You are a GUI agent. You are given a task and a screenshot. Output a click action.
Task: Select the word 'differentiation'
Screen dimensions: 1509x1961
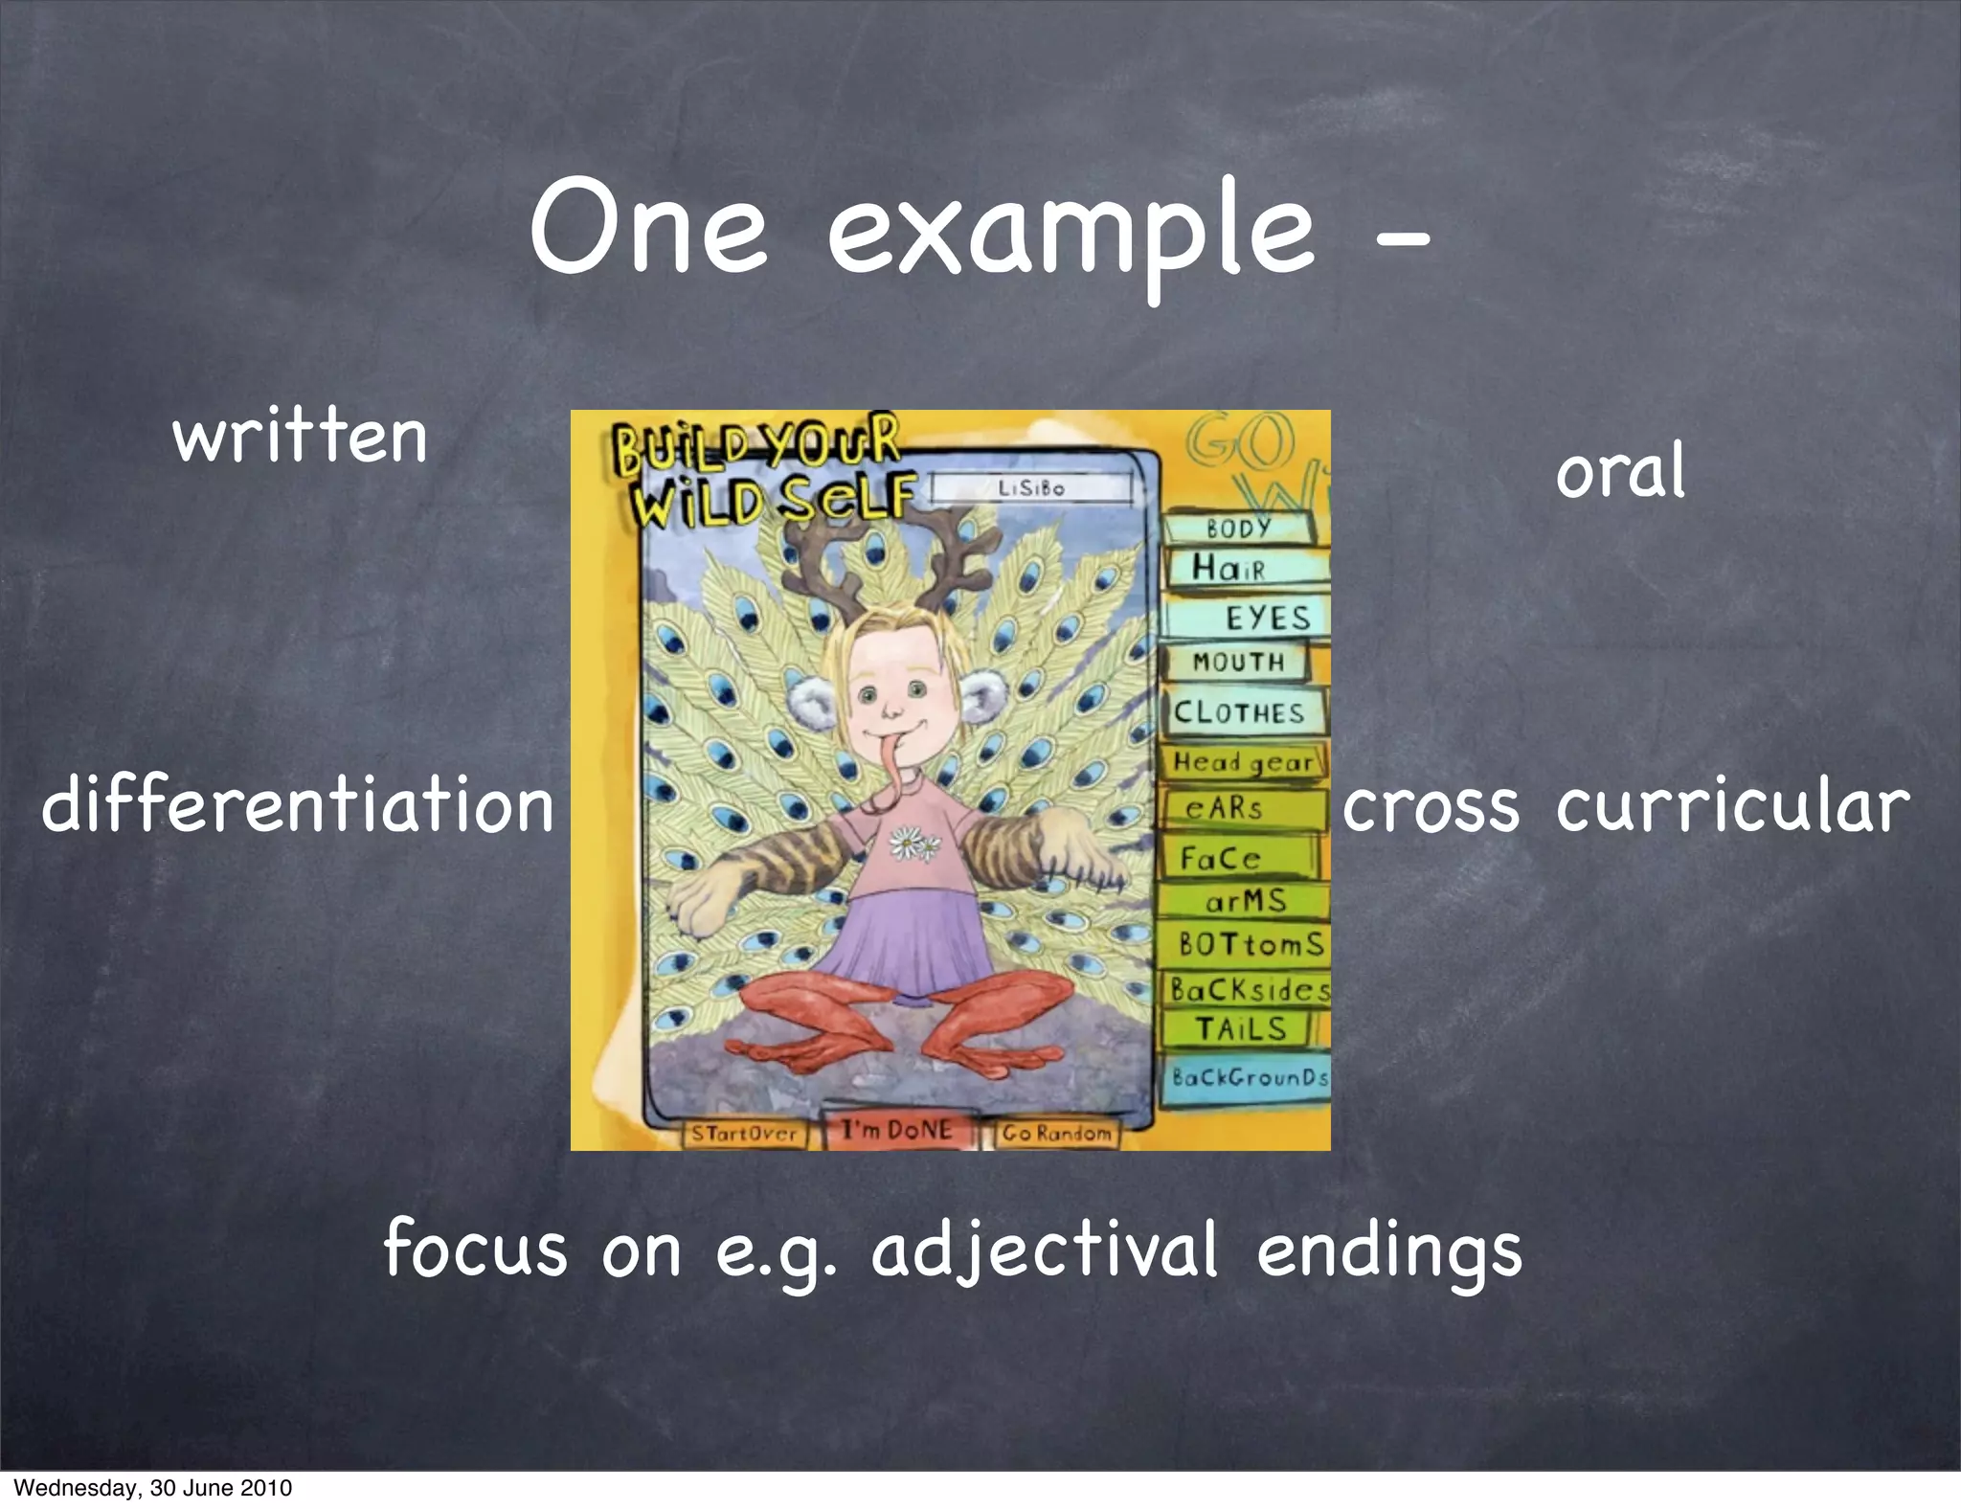coord(298,805)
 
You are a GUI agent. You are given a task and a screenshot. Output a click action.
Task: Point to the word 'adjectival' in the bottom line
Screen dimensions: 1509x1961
coord(1045,1250)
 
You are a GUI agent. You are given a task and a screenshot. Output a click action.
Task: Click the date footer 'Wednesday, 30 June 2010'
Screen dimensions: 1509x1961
coord(153,1488)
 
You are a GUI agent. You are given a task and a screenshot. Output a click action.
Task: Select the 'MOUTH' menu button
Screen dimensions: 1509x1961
coord(1237,663)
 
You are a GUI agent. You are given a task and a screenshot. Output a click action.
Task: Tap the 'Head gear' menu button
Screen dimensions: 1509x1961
coord(1243,763)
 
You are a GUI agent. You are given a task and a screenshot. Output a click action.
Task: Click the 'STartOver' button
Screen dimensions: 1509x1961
coord(744,1134)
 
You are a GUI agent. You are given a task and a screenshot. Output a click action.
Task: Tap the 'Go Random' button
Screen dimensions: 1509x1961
coord(1056,1134)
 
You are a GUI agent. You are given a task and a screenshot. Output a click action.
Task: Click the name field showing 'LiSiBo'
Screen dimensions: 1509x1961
coord(1031,488)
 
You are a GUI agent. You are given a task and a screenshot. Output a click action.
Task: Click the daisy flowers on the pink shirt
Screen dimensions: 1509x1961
coord(914,844)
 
